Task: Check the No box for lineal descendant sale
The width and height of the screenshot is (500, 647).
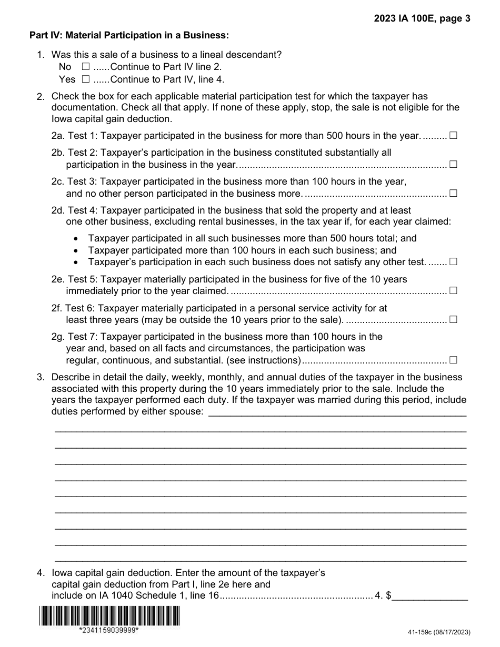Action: click(86, 67)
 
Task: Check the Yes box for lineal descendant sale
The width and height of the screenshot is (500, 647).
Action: click(86, 80)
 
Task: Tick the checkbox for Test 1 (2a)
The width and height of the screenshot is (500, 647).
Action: click(453, 136)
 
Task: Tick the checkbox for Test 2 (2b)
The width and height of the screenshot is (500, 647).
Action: click(453, 165)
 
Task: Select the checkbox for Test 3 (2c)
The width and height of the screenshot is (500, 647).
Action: click(453, 193)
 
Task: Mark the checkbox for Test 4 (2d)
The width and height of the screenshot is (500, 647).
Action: click(453, 261)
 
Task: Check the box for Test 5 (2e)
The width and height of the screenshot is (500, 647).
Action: click(453, 290)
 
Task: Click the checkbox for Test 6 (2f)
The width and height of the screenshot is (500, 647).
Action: click(453, 319)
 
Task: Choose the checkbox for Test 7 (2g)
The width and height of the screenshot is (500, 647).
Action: click(453, 360)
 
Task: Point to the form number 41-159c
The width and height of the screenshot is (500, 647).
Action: click(438, 632)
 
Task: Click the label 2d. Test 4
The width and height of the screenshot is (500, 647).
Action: click(74, 210)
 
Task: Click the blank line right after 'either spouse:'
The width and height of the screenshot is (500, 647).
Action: click(337, 411)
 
